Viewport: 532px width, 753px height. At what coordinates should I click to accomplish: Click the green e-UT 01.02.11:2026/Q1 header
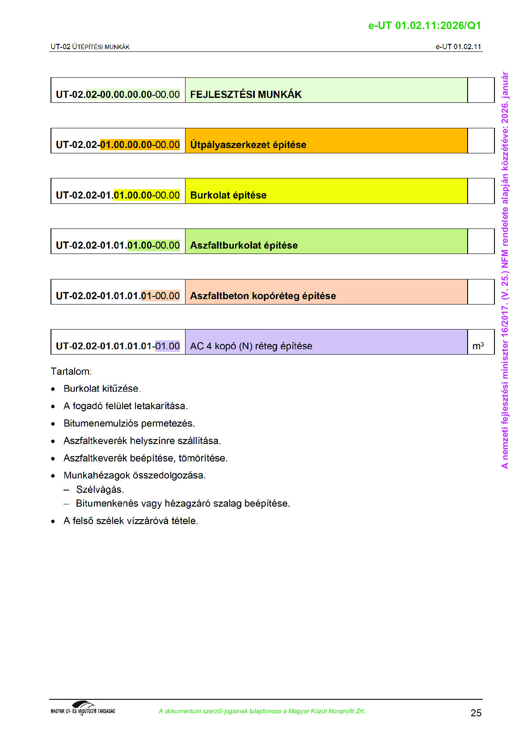point(424,25)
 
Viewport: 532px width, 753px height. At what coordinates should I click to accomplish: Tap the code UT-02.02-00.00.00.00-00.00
point(118,94)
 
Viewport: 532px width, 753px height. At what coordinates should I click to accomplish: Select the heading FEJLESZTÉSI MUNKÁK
point(246,94)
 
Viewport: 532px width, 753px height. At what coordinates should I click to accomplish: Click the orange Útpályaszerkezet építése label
point(248,145)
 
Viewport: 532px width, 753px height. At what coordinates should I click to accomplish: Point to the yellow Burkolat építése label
point(228,195)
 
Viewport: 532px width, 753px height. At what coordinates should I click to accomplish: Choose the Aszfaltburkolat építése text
point(244,245)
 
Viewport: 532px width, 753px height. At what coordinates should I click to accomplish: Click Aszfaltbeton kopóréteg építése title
point(263,296)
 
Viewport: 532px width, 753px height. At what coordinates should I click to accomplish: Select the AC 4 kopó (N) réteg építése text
point(251,346)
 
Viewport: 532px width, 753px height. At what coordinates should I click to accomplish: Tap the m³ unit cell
point(478,346)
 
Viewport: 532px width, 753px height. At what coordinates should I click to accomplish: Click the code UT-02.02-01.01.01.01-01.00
point(118,346)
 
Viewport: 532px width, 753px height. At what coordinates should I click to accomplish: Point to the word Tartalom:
point(71,372)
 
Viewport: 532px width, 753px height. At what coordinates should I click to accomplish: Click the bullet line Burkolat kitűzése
point(102,389)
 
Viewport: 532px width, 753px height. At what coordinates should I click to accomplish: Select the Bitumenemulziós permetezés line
point(129,423)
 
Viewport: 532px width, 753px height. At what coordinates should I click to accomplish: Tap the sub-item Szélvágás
point(100,490)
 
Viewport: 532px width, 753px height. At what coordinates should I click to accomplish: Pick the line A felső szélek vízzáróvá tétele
point(131,521)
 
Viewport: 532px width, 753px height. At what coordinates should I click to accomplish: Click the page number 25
point(476,713)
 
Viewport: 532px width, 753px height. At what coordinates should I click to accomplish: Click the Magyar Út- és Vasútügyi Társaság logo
point(83,708)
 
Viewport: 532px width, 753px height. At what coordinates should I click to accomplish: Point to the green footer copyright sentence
point(262,711)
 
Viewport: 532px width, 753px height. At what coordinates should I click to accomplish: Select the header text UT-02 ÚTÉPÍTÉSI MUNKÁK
point(90,47)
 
